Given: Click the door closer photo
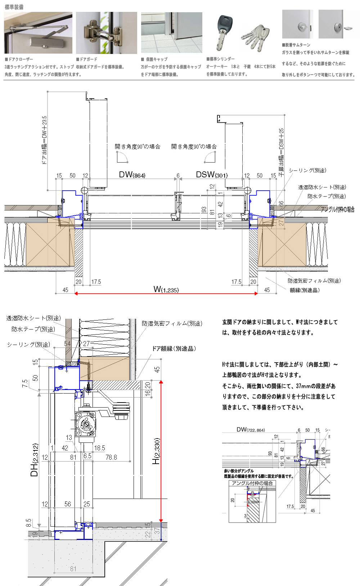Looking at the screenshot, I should pyautogui.click(x=38, y=33).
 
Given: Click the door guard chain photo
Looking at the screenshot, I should pyautogui.click(x=106, y=33).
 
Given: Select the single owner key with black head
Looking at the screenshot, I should pyautogui.click(x=223, y=32).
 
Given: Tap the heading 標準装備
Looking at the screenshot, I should pyautogui.click(x=14, y=7).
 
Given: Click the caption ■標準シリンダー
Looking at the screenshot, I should pyautogui.click(x=220, y=59).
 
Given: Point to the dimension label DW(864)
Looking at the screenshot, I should pyautogui.click(x=132, y=175).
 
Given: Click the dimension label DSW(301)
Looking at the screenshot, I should pyautogui.click(x=212, y=175).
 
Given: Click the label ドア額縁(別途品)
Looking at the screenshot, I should pyautogui.click(x=174, y=349).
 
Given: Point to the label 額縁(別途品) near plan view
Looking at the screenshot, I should pyautogui.click(x=305, y=290).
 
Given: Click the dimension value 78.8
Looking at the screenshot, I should pyautogui.click(x=111, y=457).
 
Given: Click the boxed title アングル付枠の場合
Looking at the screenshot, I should pyautogui.click(x=252, y=483).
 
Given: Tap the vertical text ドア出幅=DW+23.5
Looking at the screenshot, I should pyautogui.click(x=44, y=140).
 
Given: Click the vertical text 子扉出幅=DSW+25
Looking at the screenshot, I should pyautogui.click(x=281, y=151).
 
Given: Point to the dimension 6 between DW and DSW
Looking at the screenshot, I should pyautogui.click(x=178, y=176).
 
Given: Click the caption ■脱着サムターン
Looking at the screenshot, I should pyautogui.click(x=296, y=45).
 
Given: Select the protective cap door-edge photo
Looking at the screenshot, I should pyautogui.click(x=171, y=33).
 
